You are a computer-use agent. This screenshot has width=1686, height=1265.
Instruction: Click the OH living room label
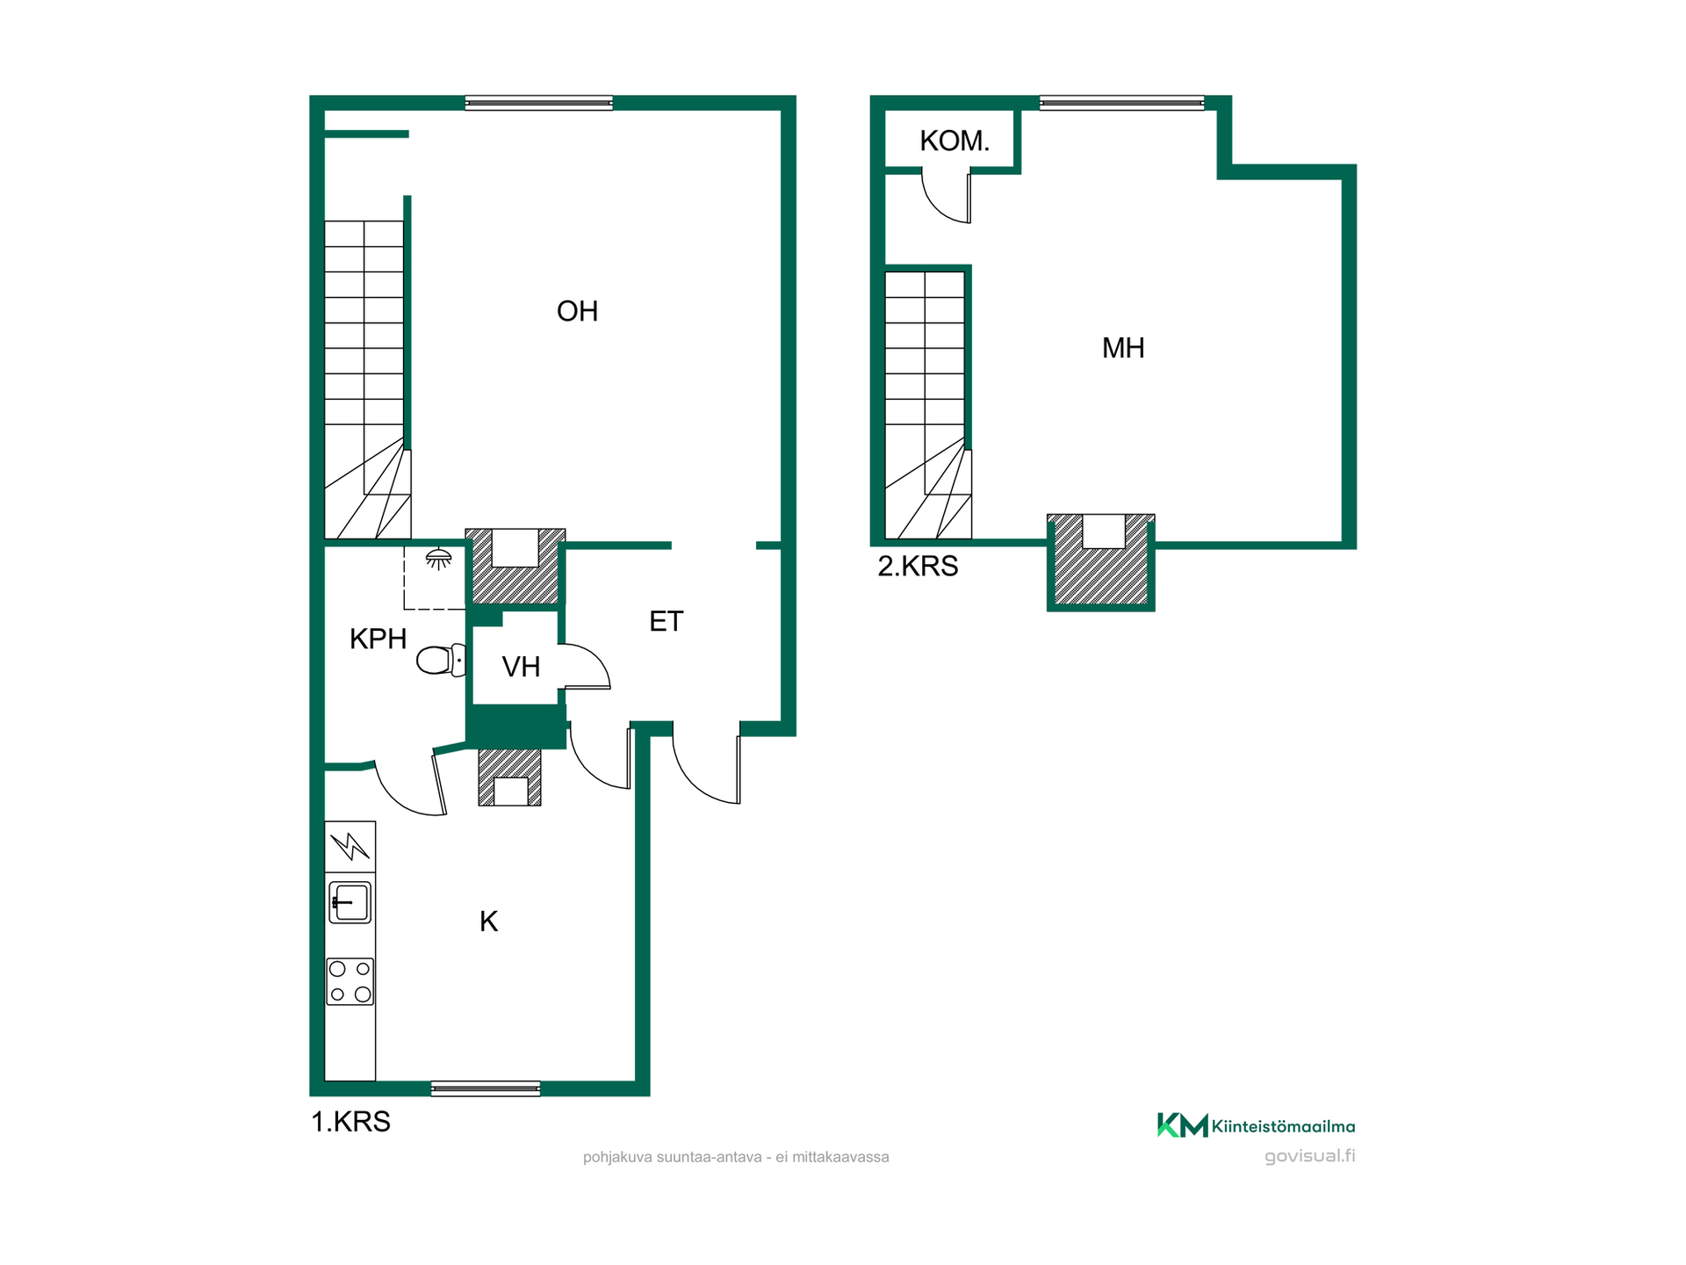click(x=577, y=311)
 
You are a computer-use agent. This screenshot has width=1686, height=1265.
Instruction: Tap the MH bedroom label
click(x=1123, y=348)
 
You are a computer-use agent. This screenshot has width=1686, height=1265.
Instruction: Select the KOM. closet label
click(x=955, y=141)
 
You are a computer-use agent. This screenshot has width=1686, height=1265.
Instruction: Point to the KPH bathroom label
click(x=378, y=639)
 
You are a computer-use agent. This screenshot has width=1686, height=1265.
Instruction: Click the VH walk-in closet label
click(x=521, y=667)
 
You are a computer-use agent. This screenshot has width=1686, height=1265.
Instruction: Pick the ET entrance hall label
click(x=666, y=621)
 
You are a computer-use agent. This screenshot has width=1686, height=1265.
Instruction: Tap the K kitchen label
click(x=489, y=922)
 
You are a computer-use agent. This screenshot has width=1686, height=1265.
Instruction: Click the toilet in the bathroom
click(x=441, y=660)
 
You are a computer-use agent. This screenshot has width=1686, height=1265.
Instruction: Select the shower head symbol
click(x=438, y=559)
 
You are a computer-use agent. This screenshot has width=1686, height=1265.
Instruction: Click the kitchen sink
click(x=350, y=902)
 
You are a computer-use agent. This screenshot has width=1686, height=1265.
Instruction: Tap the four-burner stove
click(x=350, y=981)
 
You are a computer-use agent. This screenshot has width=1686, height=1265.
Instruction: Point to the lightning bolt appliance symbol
click(x=350, y=846)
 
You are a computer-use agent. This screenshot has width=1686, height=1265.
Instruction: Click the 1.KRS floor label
click(x=350, y=1122)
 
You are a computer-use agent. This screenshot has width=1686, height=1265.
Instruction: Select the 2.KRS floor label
click(x=918, y=566)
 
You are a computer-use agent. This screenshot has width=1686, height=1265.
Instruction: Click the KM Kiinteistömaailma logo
click(x=1256, y=1125)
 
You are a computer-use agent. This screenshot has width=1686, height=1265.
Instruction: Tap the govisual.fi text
click(x=1309, y=1156)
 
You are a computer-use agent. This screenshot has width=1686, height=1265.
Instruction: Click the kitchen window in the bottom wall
click(x=486, y=1089)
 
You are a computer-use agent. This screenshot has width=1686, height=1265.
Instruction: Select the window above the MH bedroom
click(x=1121, y=103)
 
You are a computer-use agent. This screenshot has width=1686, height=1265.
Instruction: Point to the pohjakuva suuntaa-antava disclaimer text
click(x=736, y=1157)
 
